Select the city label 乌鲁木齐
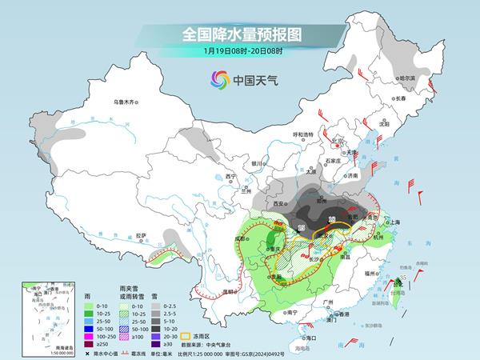pos(126,102)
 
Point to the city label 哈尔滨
pos(407,78)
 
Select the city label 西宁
pos(231,175)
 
